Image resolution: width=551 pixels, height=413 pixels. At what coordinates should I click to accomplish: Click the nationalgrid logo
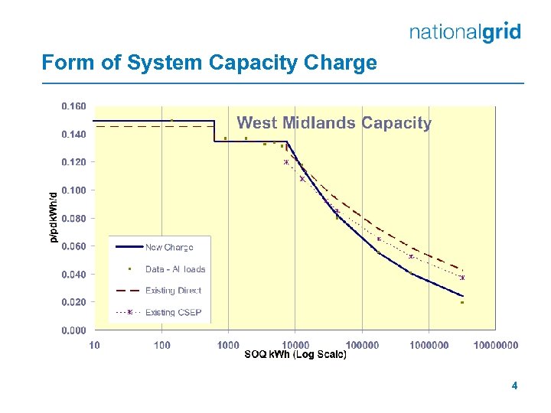465,32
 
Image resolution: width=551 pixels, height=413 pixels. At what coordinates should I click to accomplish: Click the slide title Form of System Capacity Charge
209,63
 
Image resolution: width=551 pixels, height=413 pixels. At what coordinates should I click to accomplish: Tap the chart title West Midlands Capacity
334,122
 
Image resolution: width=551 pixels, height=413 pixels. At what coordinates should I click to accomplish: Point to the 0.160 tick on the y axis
73,106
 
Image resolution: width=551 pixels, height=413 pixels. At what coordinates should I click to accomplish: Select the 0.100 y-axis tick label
73,190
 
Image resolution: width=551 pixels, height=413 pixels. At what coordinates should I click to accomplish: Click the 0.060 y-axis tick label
73,246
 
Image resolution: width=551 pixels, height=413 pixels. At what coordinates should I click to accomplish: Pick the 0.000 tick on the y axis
73,330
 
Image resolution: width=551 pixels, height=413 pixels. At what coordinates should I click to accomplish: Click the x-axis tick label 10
94,346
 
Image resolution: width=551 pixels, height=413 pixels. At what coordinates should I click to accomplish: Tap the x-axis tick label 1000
228,346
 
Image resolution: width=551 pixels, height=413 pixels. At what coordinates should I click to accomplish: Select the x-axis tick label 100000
362,346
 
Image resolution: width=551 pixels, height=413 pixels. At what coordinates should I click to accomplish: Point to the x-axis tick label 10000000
496,346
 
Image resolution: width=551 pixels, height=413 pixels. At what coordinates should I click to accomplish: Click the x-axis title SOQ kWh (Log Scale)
295,355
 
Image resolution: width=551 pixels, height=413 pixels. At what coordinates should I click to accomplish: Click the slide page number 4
514,386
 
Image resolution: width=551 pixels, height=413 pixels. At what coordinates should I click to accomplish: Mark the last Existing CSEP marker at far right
462,278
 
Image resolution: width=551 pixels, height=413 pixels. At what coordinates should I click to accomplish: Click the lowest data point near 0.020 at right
462,303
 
